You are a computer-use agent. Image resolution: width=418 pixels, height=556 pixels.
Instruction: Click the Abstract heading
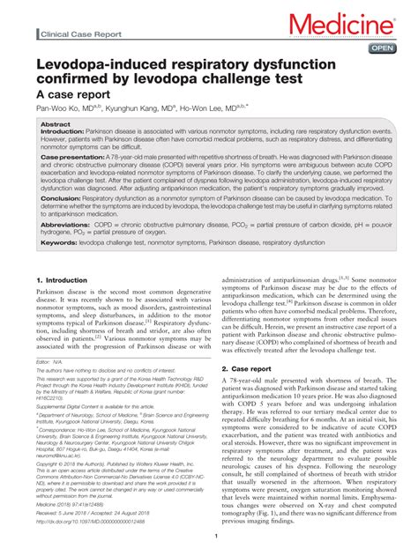55,125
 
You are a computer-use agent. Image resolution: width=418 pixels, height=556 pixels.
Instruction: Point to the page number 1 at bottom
209,535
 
